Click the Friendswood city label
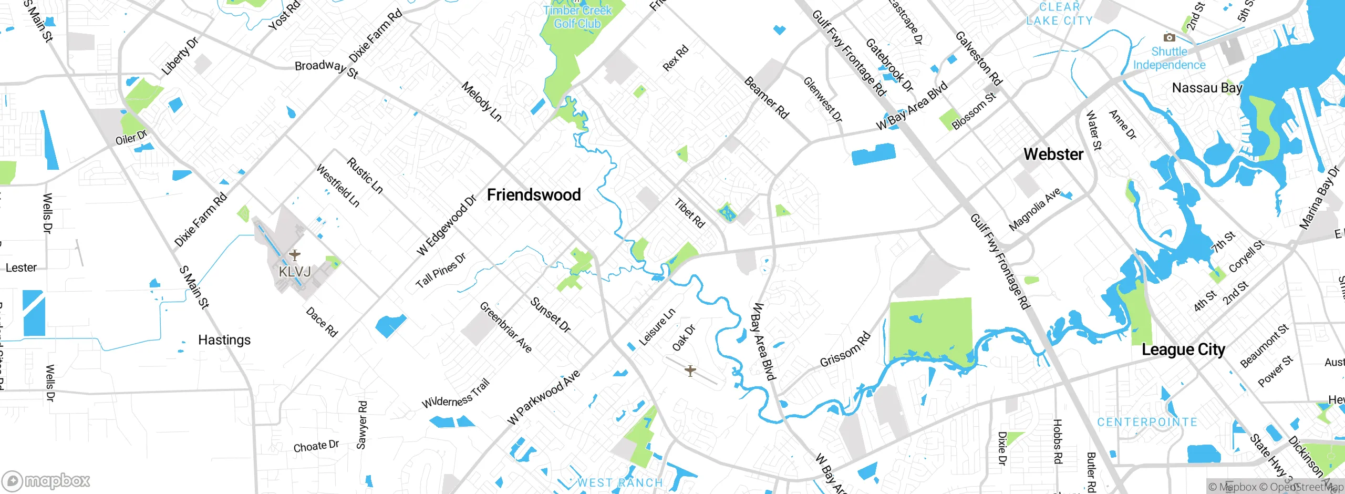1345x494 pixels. [x=534, y=195]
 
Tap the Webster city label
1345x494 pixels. [x=1053, y=154]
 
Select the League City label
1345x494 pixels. [x=1183, y=349]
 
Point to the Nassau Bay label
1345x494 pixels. [x=1207, y=87]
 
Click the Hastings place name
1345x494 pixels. [x=224, y=340]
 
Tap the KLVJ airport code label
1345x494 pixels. [x=295, y=272]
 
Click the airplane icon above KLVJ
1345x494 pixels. [x=295, y=255]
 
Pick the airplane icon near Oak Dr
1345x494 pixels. [x=690, y=371]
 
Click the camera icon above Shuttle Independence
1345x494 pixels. [x=1169, y=37]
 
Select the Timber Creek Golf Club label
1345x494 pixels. [x=577, y=17]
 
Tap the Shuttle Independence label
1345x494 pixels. [x=1169, y=58]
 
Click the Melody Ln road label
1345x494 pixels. [x=481, y=101]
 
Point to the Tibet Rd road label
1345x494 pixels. [x=689, y=213]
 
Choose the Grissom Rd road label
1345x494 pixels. [x=845, y=349]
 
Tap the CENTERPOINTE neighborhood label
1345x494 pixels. [x=1147, y=422]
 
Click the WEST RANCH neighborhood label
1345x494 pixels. [x=620, y=482]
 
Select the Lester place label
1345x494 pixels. [x=21, y=267]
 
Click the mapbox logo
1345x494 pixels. [x=46, y=480]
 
